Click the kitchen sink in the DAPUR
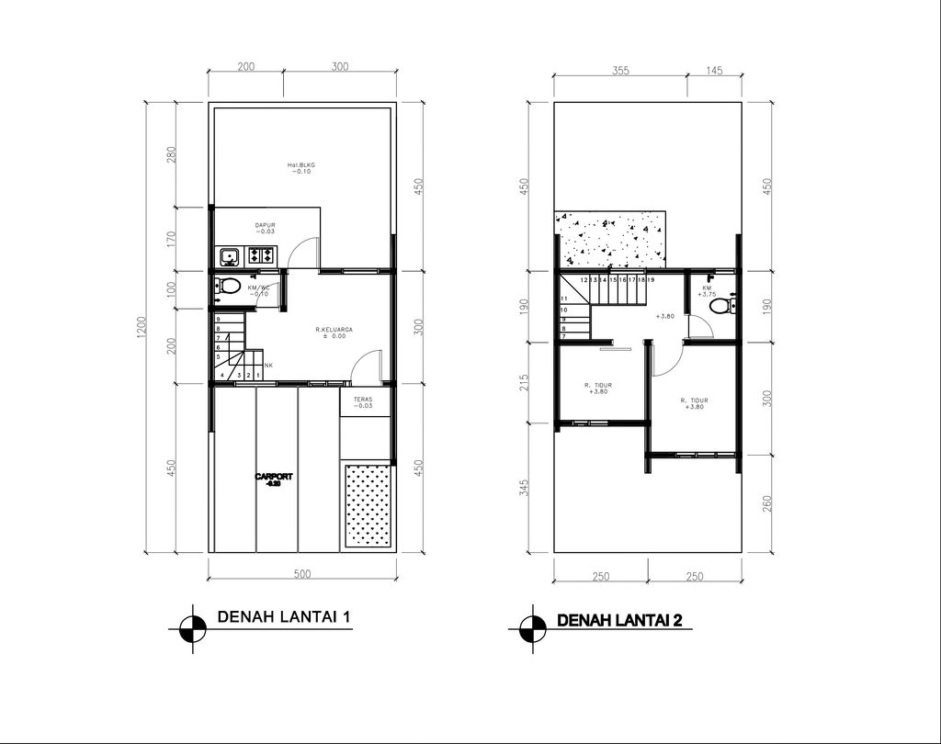pos(227,255)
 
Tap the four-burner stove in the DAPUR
pos(261,255)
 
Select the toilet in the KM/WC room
pos(228,286)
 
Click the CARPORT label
pos(273,479)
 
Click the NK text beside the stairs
pos(267,366)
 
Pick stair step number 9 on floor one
pos(218,319)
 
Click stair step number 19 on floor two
pos(651,278)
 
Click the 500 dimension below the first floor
pos(302,574)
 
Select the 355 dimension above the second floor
pos(619,72)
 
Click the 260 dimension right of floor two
pos(766,503)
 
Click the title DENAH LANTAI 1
pos(284,617)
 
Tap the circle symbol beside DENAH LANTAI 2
pos(532,629)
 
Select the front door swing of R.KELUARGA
pos(366,366)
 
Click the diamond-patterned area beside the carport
pos(366,506)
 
